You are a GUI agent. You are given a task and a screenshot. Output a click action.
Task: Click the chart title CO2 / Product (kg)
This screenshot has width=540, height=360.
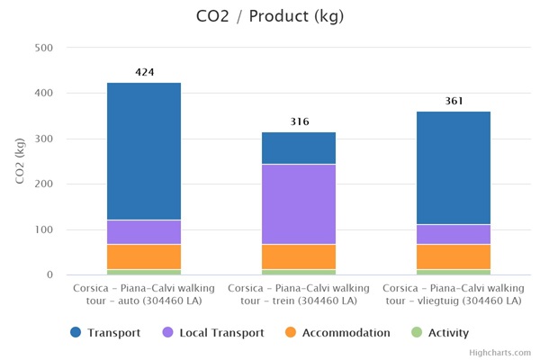point(269,16)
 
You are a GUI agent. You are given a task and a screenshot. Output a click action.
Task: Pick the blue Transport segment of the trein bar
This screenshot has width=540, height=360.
point(299,148)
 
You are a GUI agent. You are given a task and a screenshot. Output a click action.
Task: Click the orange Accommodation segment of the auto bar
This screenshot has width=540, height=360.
point(144,256)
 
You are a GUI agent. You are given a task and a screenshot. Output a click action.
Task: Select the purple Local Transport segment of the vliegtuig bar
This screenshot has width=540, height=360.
point(454,234)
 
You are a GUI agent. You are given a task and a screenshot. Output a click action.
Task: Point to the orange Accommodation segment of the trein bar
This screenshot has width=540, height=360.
point(299,256)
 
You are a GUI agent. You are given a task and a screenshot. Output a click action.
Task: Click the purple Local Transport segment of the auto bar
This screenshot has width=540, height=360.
point(144,232)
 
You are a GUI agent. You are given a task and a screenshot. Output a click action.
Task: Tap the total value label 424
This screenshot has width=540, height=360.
point(144,72)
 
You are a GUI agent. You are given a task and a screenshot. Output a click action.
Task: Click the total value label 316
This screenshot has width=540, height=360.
point(299,121)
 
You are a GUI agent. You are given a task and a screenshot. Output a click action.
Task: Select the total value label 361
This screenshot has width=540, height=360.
point(454,101)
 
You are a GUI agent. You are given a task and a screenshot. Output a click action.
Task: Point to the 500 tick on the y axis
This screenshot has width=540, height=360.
point(42,48)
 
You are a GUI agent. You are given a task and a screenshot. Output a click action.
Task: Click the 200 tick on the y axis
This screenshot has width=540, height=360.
point(42,184)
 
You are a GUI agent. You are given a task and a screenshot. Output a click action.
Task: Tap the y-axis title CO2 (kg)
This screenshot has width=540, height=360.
point(21,161)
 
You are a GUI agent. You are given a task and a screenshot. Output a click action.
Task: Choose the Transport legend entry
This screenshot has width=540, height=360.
point(106,332)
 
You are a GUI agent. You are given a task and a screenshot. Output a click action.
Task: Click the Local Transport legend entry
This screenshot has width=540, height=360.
point(212,332)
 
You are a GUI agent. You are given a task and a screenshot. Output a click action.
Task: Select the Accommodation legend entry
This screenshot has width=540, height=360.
point(337,332)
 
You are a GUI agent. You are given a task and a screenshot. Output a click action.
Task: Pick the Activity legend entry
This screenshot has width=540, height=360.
point(438,332)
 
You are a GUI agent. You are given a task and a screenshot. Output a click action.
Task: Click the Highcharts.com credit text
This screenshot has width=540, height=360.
point(500,353)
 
